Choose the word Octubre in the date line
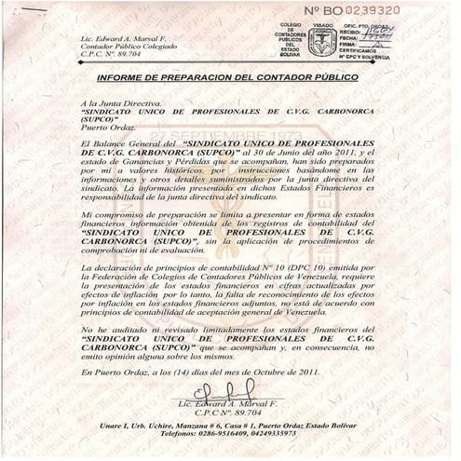point(270,373)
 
